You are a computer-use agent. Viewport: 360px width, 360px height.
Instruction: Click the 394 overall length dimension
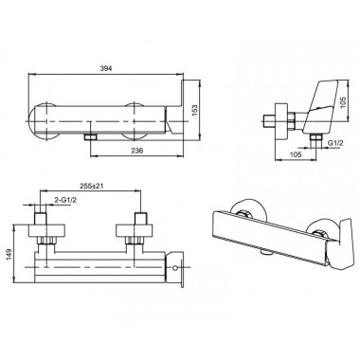coord(106,68)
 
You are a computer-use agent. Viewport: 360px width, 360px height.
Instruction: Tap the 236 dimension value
coord(136,151)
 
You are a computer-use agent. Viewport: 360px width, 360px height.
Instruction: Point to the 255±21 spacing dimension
coord(91,186)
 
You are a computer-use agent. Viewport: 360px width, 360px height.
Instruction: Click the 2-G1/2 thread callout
coord(65,200)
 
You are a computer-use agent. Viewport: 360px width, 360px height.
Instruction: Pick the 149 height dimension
coord(9,255)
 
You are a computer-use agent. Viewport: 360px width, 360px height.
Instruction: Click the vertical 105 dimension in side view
coord(344,102)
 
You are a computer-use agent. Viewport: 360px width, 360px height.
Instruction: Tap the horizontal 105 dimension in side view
coord(296,154)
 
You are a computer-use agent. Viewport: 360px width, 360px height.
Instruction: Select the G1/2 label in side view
coord(334,143)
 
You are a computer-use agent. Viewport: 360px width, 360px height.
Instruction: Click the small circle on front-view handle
coord(175,268)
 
